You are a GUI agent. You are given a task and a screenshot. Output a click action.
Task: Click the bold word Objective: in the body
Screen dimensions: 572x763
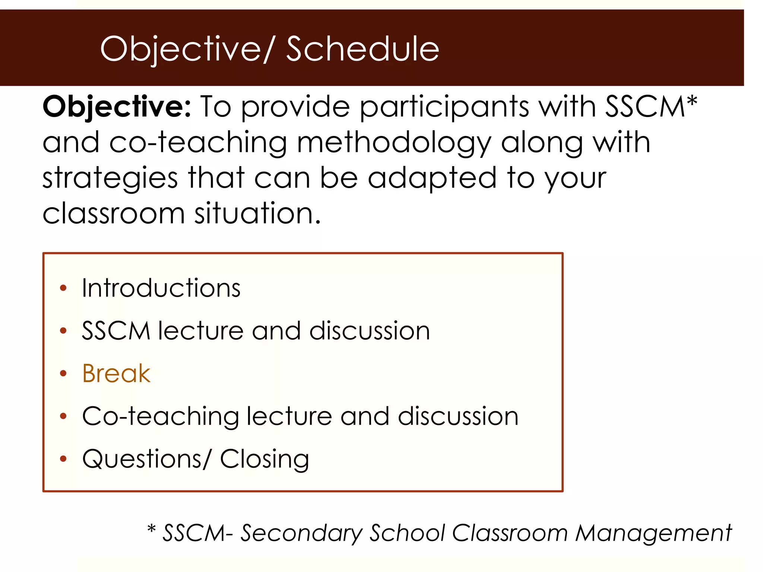(117, 107)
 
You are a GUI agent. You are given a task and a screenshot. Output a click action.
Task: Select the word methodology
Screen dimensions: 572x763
(393, 143)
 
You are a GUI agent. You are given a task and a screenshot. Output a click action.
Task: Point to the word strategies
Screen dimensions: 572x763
(110, 179)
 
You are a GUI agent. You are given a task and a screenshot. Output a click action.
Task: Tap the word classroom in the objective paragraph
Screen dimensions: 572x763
(114, 214)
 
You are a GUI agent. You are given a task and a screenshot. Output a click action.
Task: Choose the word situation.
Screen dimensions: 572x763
(257, 214)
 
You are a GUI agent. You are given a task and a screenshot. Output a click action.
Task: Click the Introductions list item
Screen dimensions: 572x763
(161, 288)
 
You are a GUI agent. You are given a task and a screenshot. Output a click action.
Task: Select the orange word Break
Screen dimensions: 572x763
(116, 374)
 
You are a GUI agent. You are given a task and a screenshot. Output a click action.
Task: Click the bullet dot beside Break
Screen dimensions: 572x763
(63, 374)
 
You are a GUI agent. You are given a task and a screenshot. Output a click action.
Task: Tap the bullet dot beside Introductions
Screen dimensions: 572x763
(63, 288)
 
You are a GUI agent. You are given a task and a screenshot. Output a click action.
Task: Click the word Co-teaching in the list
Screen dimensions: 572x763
(160, 416)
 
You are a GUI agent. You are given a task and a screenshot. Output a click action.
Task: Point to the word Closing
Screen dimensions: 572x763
(264, 459)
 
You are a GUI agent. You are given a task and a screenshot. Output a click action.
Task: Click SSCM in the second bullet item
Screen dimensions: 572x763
(115, 331)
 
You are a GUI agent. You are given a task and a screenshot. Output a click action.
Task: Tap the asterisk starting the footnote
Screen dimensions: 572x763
(151, 530)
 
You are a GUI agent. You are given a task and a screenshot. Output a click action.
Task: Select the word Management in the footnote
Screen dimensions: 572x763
(653, 533)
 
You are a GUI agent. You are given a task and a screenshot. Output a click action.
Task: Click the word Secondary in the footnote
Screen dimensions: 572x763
(301, 533)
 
